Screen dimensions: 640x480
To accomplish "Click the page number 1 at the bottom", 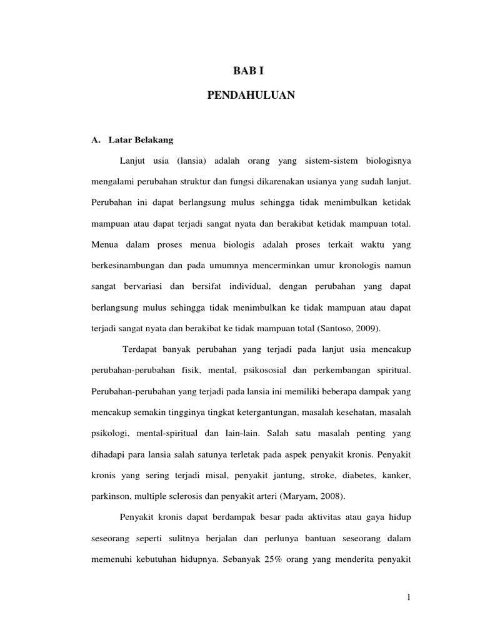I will tap(408, 599).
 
